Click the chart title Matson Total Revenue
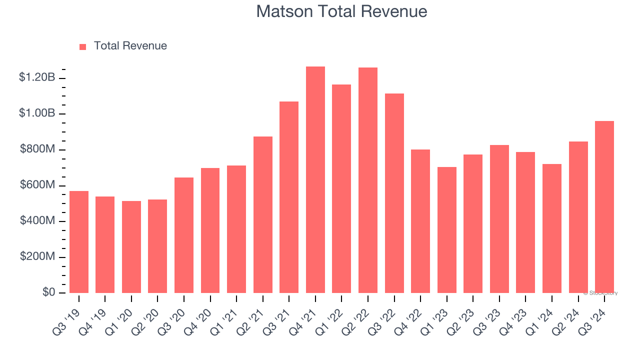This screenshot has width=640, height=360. tap(341, 11)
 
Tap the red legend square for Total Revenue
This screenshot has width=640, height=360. tap(83, 46)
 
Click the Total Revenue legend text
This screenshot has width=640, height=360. tap(130, 46)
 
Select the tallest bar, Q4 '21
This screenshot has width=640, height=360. tap(315, 180)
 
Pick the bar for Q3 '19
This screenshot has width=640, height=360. tap(79, 242)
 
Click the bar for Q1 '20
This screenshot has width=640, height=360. tap(131, 247)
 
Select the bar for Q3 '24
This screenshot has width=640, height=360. tap(604, 207)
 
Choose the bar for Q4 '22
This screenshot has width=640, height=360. tap(420, 221)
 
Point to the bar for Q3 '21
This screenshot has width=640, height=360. tap(289, 197)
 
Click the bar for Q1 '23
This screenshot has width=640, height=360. tap(446, 230)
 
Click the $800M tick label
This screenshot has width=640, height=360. tap(37, 149)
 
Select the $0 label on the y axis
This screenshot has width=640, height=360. tap(48, 292)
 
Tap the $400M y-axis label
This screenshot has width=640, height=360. tap(37, 220)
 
